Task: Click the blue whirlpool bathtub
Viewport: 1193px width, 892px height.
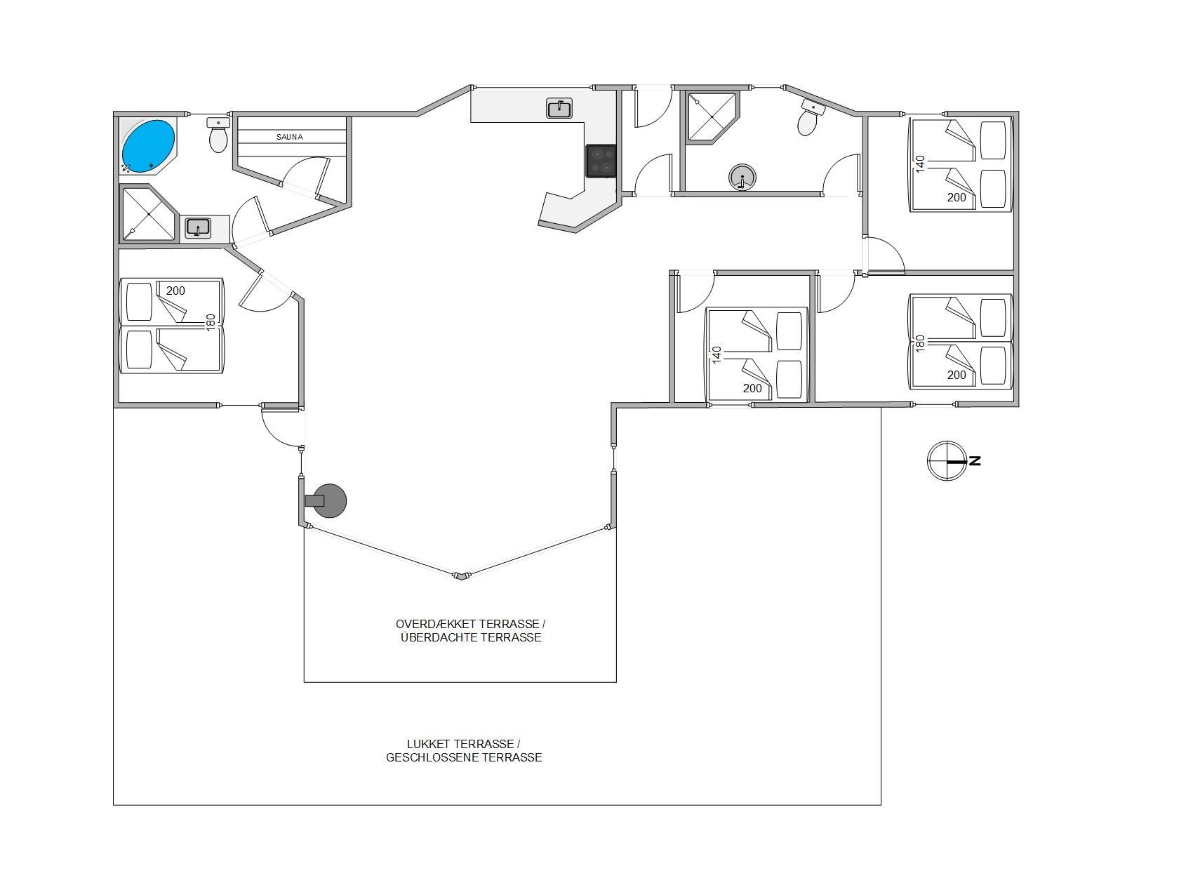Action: tap(148, 145)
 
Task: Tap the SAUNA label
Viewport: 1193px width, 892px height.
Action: tap(290, 137)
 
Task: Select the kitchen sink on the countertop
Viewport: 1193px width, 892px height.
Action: tap(559, 108)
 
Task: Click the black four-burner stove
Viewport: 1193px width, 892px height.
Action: tap(601, 161)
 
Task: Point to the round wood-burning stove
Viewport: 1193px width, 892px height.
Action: tap(327, 500)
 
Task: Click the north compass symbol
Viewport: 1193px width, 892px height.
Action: tap(947, 461)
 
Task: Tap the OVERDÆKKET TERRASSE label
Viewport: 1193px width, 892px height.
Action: tap(470, 624)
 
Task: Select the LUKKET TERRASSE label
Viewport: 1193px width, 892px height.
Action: tap(463, 744)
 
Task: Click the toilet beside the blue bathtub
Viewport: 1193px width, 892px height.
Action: tap(218, 135)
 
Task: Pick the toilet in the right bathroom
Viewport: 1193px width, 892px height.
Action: tap(811, 117)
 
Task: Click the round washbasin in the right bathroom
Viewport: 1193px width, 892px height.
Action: tap(742, 178)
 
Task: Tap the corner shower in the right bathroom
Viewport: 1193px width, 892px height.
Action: tap(712, 117)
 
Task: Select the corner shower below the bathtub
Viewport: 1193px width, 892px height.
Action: tap(147, 213)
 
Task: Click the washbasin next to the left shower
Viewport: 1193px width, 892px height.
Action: tap(199, 228)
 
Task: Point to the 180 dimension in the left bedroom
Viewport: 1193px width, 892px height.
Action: tap(211, 322)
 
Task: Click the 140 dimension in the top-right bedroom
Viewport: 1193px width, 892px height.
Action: tap(921, 164)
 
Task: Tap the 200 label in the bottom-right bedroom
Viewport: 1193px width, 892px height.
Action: tap(957, 375)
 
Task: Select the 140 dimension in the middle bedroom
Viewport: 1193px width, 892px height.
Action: tap(717, 354)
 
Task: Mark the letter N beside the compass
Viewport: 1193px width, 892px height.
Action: tap(975, 461)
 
